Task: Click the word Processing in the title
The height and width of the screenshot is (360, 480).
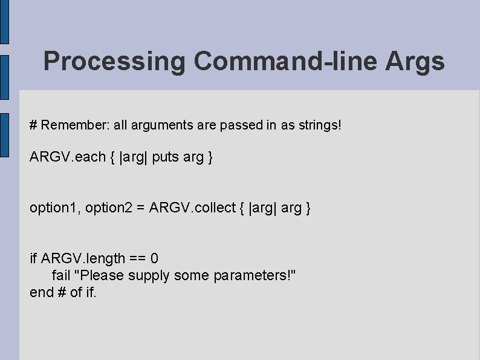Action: (115, 62)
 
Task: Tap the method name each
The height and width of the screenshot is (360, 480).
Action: (91, 157)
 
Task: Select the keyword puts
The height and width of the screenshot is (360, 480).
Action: (165, 157)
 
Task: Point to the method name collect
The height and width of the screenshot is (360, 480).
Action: (215, 208)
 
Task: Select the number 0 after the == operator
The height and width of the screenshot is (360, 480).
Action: (155, 259)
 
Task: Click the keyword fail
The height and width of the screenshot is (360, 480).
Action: (61, 276)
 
